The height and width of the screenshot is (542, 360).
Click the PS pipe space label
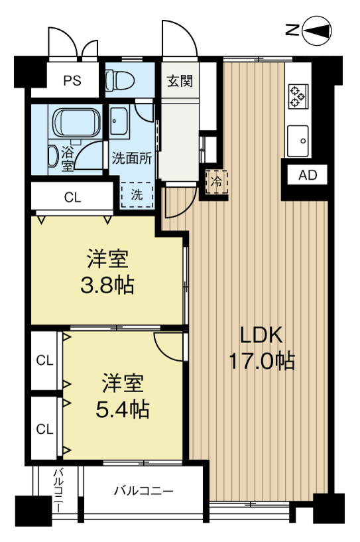tap(72, 80)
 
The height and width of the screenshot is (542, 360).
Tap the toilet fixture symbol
tap(119, 80)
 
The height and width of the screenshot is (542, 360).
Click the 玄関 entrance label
tap(180, 81)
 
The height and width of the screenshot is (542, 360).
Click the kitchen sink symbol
tap(298, 141)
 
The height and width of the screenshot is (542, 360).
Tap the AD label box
tap(308, 175)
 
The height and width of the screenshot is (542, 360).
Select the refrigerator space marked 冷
tap(217, 182)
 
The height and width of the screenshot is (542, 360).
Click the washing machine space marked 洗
tap(137, 194)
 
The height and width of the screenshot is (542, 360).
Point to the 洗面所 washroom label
tap(132, 159)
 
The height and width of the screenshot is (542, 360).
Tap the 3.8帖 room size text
tap(107, 286)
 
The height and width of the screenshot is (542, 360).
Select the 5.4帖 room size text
tap(122, 409)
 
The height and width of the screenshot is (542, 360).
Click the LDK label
tap(261, 335)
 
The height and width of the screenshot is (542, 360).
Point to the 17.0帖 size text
tap(262, 361)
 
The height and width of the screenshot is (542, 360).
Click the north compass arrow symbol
tap(317, 31)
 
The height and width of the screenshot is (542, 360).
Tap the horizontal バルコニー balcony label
tap(144, 491)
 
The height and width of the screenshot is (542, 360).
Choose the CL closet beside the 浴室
tap(72, 198)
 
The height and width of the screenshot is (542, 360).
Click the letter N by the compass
tap(292, 31)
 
